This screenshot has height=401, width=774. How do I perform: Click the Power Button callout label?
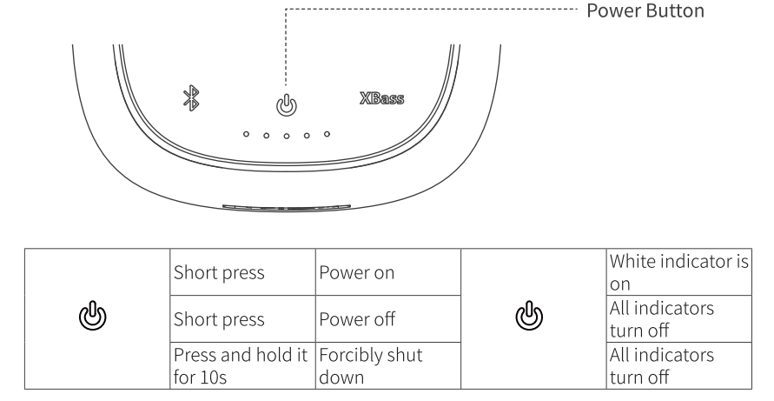645,13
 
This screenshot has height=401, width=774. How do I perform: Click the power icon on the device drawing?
287,104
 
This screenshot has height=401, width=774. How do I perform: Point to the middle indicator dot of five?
287,137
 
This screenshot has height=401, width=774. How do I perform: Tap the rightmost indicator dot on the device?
327,134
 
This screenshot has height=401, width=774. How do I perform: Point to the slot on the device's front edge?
287,208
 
